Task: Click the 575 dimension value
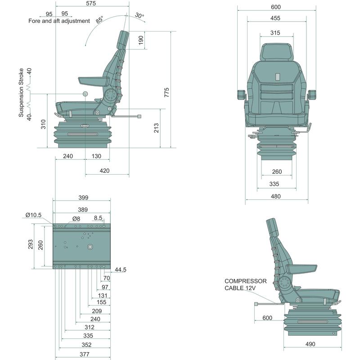pyautogui.click(x=91, y=4)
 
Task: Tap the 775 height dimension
pyautogui.click(x=167, y=93)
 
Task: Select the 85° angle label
pyautogui.click(x=99, y=19)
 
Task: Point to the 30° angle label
pyautogui.click(x=139, y=16)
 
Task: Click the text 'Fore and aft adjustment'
pyautogui.click(x=59, y=21)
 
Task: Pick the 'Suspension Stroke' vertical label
pyautogui.click(x=21, y=93)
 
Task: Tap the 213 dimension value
pyautogui.click(x=156, y=129)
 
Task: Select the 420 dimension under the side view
pyautogui.click(x=104, y=171)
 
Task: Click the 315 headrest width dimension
pyautogui.click(x=275, y=33)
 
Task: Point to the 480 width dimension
pyautogui.click(x=275, y=196)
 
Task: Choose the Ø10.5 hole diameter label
pyautogui.click(x=33, y=215)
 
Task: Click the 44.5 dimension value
pyautogui.click(x=120, y=270)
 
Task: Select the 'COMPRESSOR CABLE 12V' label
pyautogui.click(x=246, y=284)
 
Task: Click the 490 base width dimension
pyautogui.click(x=310, y=344)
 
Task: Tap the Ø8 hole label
pyautogui.click(x=76, y=219)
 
